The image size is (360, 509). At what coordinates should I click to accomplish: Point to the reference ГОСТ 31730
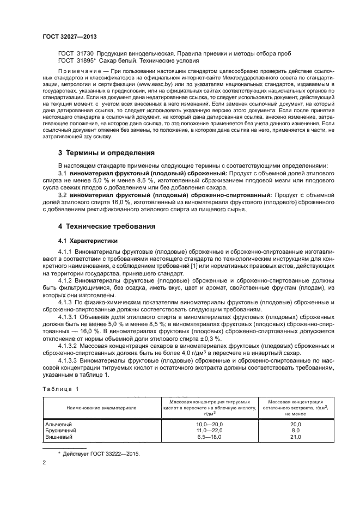click(75, 53)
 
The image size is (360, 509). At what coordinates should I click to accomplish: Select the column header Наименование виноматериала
click(101, 407)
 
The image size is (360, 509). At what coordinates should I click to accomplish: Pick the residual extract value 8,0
click(295, 430)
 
